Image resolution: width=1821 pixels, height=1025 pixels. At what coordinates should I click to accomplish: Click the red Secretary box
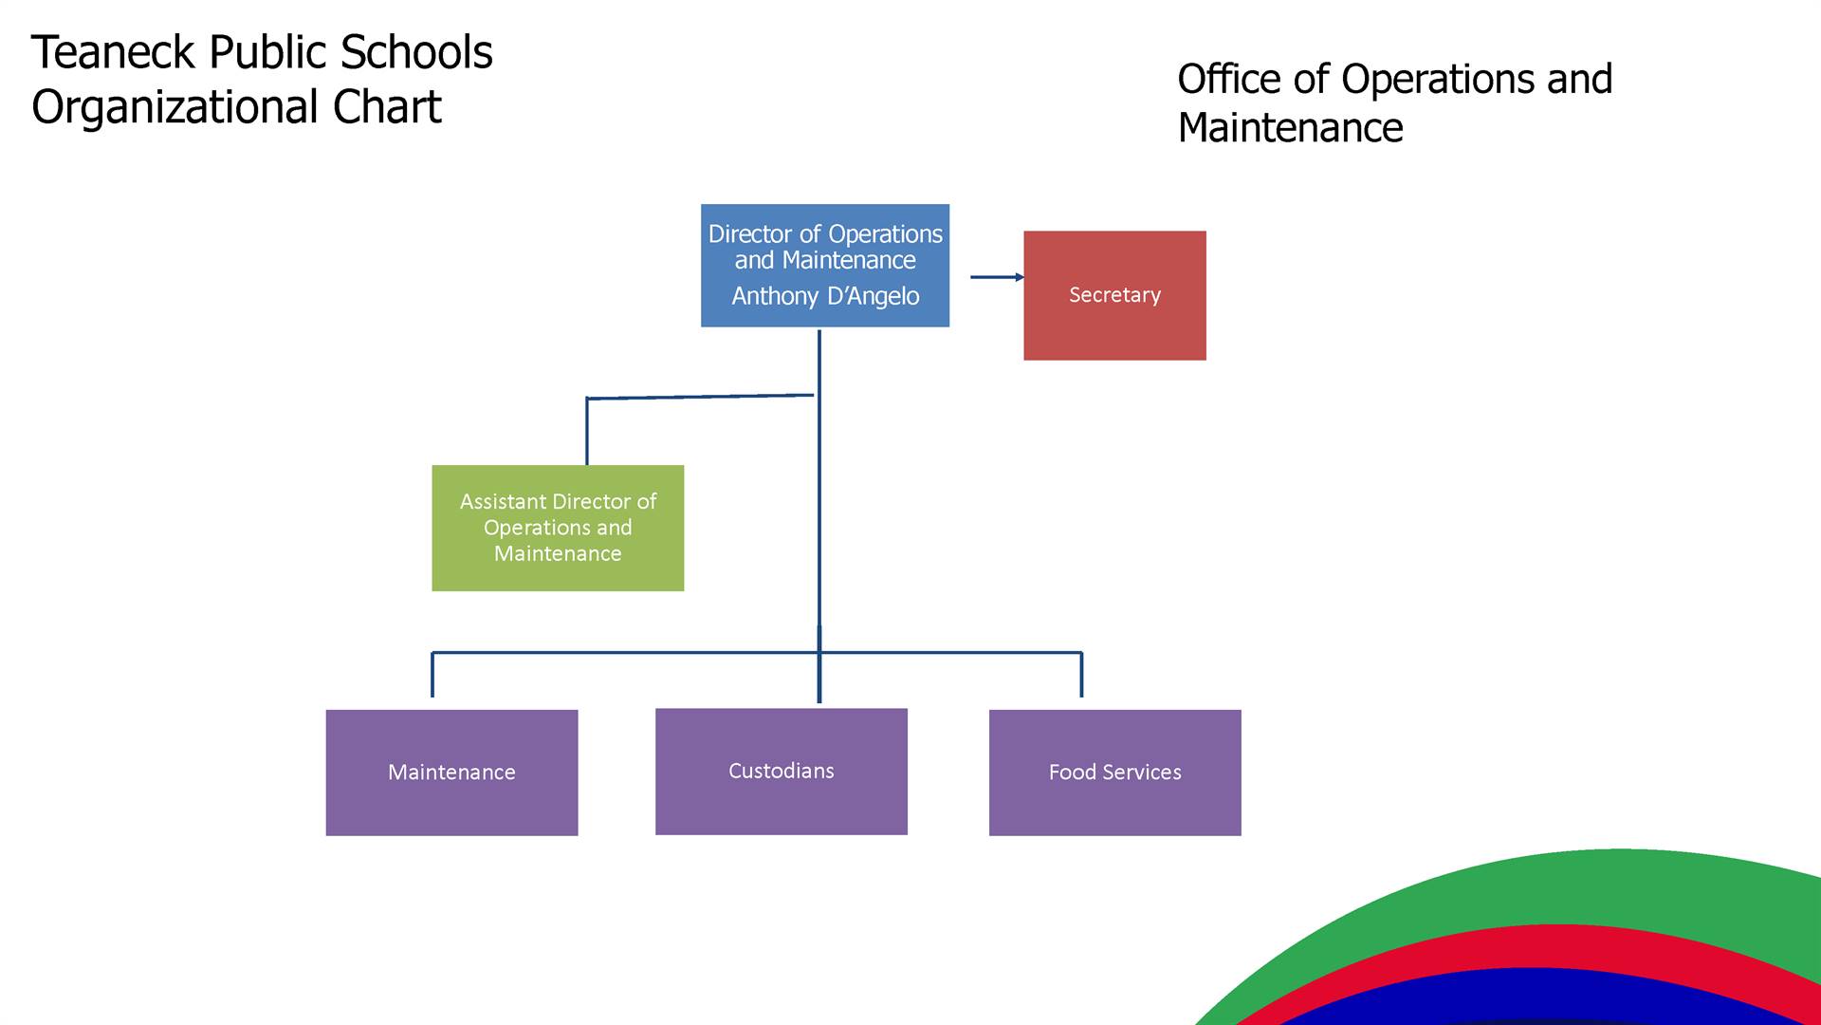[x=1114, y=295]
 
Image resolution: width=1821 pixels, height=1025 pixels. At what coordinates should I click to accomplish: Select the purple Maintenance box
[x=451, y=773]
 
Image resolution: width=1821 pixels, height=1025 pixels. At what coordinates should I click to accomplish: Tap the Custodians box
[x=782, y=772]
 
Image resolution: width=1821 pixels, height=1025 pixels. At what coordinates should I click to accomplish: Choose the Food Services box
[x=1115, y=773]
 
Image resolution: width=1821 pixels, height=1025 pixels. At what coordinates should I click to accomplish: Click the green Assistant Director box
[x=558, y=528]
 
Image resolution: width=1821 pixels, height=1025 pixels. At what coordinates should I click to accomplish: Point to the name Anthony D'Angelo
[x=825, y=296]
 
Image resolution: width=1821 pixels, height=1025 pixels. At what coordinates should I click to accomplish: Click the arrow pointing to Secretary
[x=998, y=277]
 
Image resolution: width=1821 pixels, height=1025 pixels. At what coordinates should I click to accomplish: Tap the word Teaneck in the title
[x=114, y=52]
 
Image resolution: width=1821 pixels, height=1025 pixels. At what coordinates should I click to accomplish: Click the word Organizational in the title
[x=174, y=107]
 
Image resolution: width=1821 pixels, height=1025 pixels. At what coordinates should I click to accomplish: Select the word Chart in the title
[x=387, y=106]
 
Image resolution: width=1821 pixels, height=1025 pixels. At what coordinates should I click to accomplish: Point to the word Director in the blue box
[x=749, y=233]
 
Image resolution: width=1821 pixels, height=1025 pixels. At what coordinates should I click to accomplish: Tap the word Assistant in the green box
[x=503, y=501]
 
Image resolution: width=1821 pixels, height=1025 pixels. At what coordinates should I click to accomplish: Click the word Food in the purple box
[x=1072, y=773]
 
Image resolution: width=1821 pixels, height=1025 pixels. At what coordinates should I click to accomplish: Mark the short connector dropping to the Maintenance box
[x=432, y=675]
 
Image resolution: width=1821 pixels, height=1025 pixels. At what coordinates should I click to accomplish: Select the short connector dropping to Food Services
[x=1081, y=675]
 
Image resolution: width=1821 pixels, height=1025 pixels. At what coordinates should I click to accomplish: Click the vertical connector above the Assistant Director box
[x=587, y=432]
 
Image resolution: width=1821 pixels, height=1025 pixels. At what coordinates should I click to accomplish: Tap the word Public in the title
[x=269, y=52]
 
